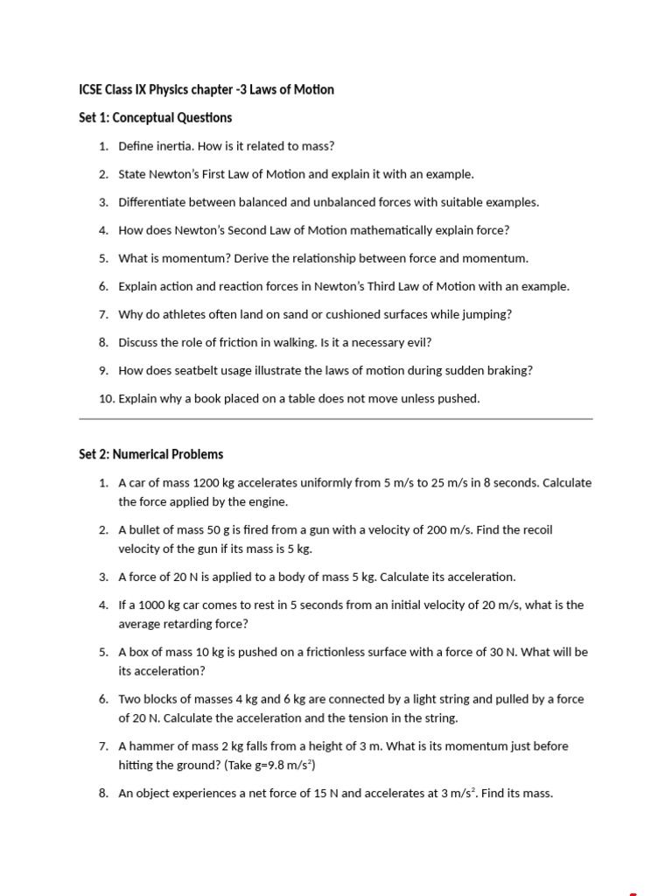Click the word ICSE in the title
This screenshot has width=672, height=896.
click(90, 89)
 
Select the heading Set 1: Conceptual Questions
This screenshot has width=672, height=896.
click(155, 117)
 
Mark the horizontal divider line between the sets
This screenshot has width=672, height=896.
click(336, 419)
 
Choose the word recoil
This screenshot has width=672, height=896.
click(536, 529)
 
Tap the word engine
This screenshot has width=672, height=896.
click(270, 501)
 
